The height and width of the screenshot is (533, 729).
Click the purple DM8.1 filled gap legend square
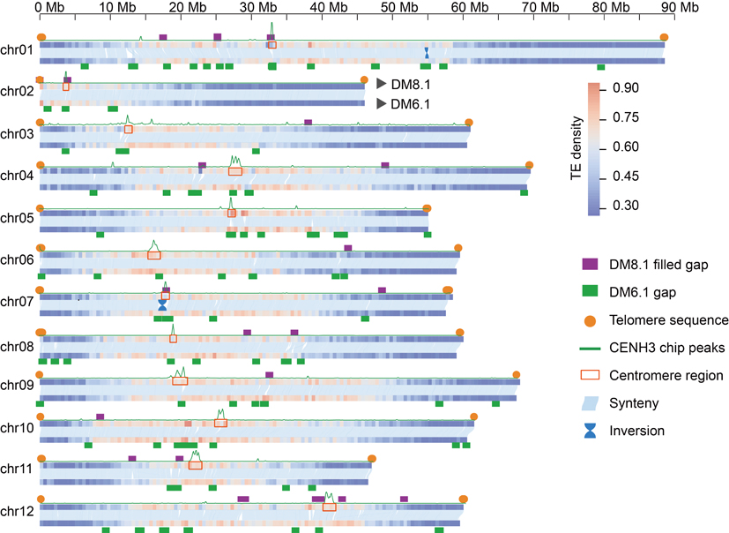pyautogui.click(x=590, y=264)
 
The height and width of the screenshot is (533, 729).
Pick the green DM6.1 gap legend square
pyautogui.click(x=590, y=291)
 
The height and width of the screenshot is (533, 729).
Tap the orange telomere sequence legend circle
pyautogui.click(x=590, y=319)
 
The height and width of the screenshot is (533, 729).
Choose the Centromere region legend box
pyautogui.click(x=590, y=375)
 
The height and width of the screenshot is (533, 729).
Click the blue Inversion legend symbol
pyautogui.click(x=590, y=431)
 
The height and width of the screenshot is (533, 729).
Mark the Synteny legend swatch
pyautogui.click(x=590, y=403)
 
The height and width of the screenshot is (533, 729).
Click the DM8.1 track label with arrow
pyautogui.click(x=406, y=84)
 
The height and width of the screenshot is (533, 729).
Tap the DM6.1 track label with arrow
pyautogui.click(x=406, y=104)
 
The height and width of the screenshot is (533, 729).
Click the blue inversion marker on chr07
pyautogui.click(x=162, y=304)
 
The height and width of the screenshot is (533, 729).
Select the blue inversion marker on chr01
pyautogui.click(x=426, y=53)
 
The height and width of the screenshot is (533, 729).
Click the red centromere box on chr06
pyautogui.click(x=154, y=254)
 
